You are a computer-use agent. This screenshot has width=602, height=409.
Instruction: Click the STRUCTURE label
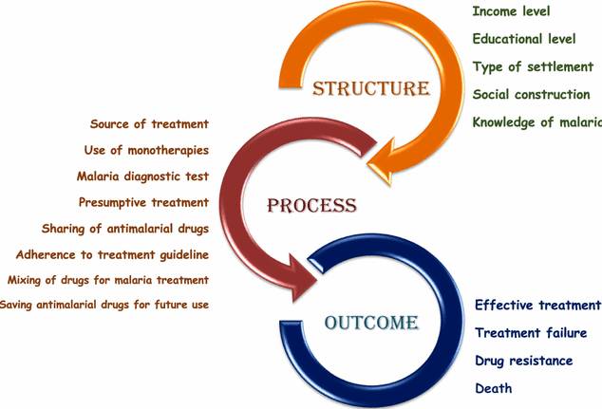click(x=371, y=89)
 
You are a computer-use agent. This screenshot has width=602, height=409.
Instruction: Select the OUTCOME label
click(x=371, y=323)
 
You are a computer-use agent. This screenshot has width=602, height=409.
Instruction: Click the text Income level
click(x=510, y=12)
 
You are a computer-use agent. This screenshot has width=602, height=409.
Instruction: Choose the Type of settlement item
click(x=532, y=67)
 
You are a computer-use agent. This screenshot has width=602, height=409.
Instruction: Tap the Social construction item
click(x=531, y=95)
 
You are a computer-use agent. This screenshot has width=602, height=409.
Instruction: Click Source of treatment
click(x=149, y=124)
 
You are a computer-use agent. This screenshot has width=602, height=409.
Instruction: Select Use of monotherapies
click(x=146, y=150)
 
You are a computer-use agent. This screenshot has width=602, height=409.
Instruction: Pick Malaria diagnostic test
click(x=142, y=177)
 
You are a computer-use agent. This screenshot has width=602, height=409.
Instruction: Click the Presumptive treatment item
click(x=143, y=202)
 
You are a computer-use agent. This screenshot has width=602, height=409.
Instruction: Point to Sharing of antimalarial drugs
click(x=125, y=229)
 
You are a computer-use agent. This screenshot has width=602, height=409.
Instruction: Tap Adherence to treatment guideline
click(x=113, y=254)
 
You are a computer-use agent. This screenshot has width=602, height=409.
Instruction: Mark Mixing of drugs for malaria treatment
click(x=108, y=280)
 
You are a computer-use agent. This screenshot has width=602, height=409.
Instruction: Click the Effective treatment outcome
click(x=537, y=306)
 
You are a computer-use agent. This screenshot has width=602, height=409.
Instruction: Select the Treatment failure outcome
click(x=537, y=333)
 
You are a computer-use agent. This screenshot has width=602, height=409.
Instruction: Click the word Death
click(x=494, y=388)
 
